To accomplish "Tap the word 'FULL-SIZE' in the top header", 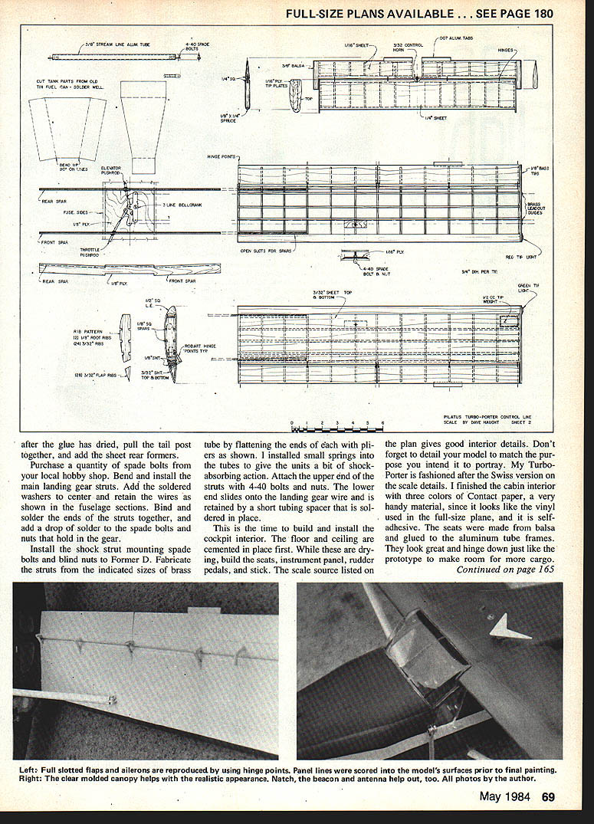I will tap(316, 13).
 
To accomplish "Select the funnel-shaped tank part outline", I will tap(143, 123).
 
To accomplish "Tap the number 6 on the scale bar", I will tap(382, 422).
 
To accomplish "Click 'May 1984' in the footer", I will tap(507, 796).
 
